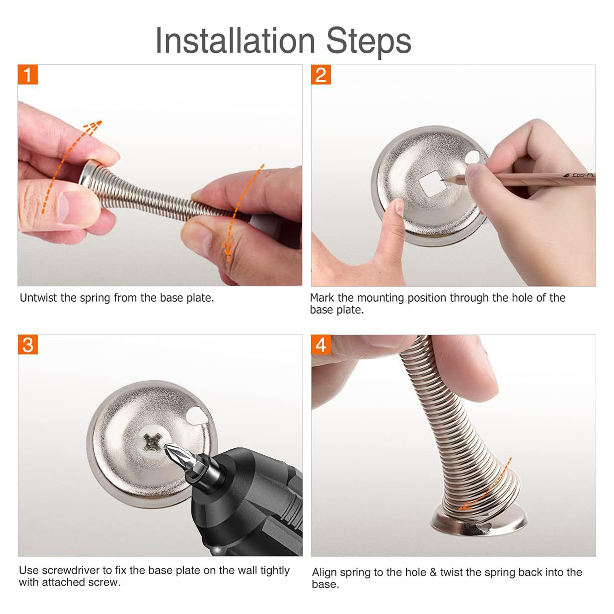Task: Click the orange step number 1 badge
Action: tap(28, 74)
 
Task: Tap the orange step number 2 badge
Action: tap(321, 74)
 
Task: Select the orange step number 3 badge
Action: tap(28, 345)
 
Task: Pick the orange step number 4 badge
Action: tap(321, 345)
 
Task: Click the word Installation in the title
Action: tap(235, 41)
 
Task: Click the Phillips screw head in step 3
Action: tap(152, 442)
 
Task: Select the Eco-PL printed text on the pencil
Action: tap(581, 175)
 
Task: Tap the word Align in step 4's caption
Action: tap(324, 573)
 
